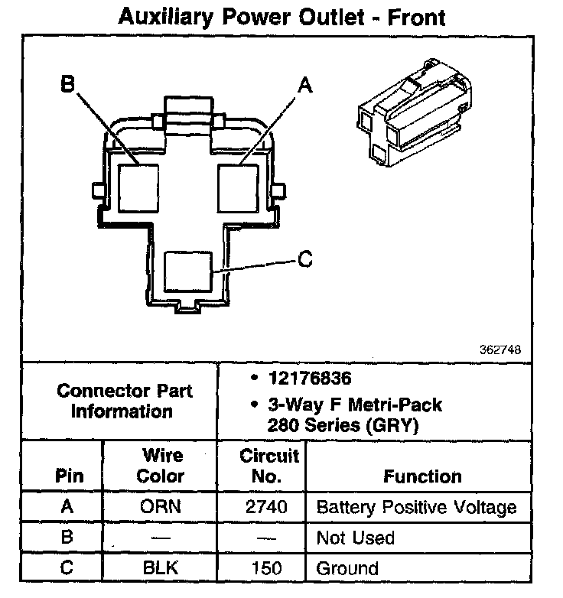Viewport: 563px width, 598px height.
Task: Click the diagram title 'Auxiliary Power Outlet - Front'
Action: point(281,17)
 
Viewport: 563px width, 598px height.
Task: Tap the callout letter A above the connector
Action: point(305,85)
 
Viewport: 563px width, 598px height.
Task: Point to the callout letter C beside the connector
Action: point(305,258)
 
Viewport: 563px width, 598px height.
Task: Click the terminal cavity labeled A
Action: point(238,188)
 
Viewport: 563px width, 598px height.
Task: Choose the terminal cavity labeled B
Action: point(138,188)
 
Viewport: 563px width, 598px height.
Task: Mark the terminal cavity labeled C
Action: point(188,271)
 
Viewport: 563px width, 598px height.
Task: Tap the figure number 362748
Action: point(500,349)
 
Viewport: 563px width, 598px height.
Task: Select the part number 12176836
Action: point(310,378)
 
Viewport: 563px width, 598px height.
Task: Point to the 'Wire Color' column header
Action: point(161,466)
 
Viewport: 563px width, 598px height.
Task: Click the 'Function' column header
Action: point(422,476)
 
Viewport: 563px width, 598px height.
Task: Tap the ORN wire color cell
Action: point(160,506)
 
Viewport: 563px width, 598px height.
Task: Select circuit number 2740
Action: point(266,507)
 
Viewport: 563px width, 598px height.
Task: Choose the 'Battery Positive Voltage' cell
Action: point(417,508)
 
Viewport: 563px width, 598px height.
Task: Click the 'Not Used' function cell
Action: point(355,538)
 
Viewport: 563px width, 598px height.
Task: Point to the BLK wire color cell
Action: point(160,567)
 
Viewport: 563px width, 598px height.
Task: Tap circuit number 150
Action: point(267,568)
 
